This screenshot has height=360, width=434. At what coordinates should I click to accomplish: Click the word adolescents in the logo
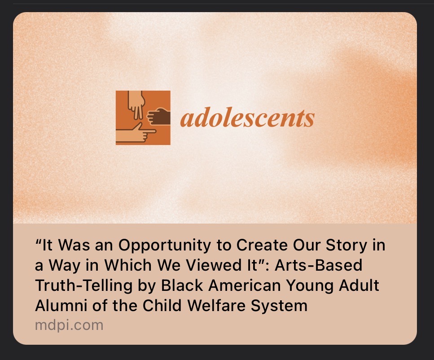tap(247, 118)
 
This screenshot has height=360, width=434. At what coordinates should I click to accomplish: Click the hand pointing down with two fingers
tap(136, 105)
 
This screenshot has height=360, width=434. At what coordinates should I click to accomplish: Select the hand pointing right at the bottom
tap(136, 133)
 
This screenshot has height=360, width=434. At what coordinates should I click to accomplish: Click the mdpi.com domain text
tap(69, 325)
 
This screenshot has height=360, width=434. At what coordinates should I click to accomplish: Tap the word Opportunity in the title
tap(164, 246)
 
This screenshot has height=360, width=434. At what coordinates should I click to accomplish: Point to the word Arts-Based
tap(318, 265)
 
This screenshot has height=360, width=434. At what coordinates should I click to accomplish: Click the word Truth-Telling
tap(84, 286)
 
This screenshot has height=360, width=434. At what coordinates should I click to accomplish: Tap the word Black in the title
tap(182, 285)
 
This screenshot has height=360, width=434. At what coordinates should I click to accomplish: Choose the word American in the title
tap(245, 285)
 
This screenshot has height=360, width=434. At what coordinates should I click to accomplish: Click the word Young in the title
tap(309, 286)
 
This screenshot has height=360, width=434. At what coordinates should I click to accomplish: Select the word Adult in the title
tap(359, 285)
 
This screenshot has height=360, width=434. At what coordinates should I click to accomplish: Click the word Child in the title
tap(162, 306)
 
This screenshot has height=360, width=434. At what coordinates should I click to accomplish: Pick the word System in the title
tap(279, 306)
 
